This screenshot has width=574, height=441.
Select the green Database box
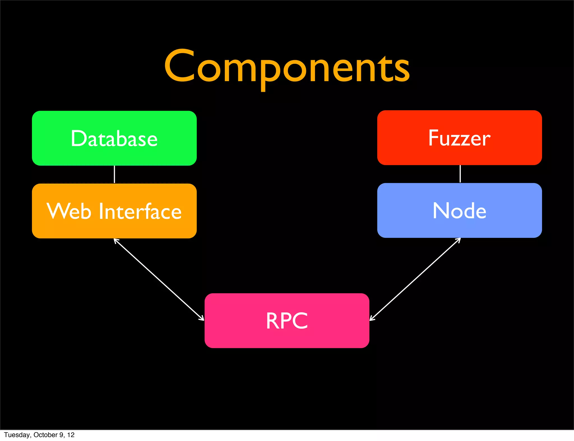pyautogui.click(x=114, y=138)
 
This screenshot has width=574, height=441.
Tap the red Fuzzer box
pyautogui.click(x=459, y=138)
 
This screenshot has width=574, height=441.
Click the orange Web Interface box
pyautogui.click(x=114, y=211)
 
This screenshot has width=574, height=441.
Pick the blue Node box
pyautogui.click(x=459, y=210)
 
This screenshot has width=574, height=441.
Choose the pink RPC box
pyautogui.click(x=287, y=321)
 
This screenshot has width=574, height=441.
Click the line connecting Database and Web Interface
pyautogui.click(x=114, y=174)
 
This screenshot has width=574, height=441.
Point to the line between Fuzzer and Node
pyautogui.click(x=460, y=174)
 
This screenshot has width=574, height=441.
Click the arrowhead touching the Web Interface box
pyautogui.click(x=116, y=241)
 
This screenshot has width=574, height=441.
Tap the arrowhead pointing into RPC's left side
pyautogui.click(x=202, y=318)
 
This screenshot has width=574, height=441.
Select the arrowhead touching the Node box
pyautogui.click(x=458, y=240)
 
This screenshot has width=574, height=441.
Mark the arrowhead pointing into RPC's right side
pyautogui.click(x=372, y=318)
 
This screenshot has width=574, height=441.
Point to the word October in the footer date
pyautogui.click(x=45, y=435)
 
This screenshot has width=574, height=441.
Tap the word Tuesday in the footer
pyautogui.click(x=17, y=435)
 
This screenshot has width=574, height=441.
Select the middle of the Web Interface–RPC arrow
pyautogui.click(x=159, y=280)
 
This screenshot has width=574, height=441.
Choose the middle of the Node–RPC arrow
pyautogui.click(x=415, y=279)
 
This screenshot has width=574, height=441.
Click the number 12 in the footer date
pyautogui.click(x=71, y=435)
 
